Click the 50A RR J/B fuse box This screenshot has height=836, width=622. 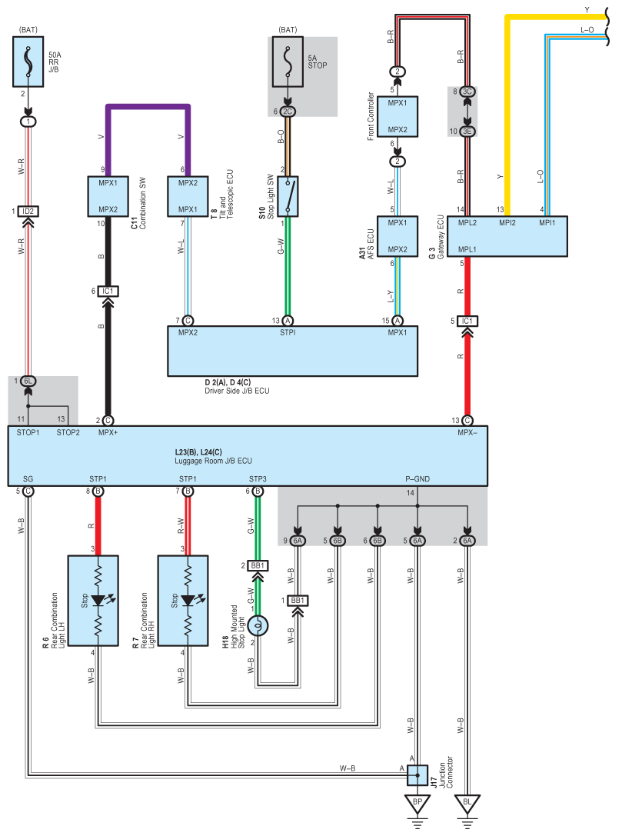28,63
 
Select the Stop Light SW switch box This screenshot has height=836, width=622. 288,196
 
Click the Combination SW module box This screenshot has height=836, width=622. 108,197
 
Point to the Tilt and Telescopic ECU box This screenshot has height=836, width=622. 188,197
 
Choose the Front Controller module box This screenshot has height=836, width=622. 397,116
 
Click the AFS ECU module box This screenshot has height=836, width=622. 397,235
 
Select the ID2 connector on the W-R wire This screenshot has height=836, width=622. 28,211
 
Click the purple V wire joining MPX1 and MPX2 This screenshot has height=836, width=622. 148,107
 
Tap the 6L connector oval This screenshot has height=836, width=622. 28,381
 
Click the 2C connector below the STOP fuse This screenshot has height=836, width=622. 288,112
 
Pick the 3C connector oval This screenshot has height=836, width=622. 467,92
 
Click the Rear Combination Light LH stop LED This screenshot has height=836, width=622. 98,599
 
